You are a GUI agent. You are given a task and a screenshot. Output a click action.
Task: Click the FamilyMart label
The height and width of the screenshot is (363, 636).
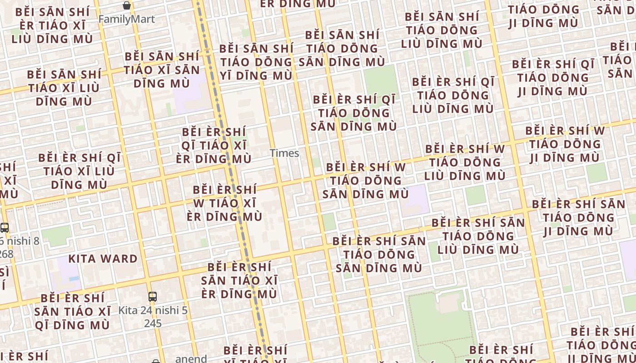click(126, 20)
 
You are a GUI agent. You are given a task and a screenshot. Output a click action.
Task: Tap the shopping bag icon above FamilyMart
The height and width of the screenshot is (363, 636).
click(127, 5)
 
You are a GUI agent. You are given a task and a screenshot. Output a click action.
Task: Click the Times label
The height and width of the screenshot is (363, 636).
click(284, 153)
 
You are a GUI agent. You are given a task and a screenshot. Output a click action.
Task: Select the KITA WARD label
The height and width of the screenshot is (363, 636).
click(103, 259)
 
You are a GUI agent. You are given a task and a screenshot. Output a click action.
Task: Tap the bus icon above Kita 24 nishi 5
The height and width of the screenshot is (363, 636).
click(153, 297)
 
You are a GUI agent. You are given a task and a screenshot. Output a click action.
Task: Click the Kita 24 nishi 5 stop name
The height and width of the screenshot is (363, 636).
click(153, 311)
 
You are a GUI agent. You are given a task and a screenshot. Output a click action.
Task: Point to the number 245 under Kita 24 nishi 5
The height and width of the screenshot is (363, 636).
click(153, 324)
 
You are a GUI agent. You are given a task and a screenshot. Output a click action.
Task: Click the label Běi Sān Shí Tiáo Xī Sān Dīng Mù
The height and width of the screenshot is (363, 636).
click(162, 70)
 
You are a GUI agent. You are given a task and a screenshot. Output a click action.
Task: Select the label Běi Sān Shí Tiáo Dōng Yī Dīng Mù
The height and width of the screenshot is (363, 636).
click(256, 62)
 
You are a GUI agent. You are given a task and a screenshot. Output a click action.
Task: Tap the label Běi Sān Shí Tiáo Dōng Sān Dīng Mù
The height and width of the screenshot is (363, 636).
click(345, 48)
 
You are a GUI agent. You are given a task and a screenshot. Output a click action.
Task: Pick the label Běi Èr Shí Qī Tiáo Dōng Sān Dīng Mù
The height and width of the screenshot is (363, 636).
click(354, 113)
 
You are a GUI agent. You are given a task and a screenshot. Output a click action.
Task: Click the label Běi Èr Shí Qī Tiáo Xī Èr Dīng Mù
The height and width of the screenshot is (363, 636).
click(214, 145)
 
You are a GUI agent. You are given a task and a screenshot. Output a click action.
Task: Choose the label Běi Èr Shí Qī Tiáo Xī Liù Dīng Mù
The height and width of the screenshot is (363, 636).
click(79, 171)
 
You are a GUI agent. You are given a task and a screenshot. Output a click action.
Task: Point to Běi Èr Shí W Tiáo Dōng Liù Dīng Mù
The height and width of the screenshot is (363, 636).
click(465, 162)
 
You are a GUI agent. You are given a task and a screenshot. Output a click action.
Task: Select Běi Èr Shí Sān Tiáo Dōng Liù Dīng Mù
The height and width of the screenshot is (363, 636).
click(478, 236)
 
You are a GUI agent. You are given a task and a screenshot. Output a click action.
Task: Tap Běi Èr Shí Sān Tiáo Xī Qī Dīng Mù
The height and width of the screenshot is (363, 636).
click(73, 311)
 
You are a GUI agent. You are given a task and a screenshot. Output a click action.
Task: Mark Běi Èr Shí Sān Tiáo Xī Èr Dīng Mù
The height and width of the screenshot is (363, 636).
click(239, 280)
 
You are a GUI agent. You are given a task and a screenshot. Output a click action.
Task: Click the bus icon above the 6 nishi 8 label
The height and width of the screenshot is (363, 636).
click(5, 228)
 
